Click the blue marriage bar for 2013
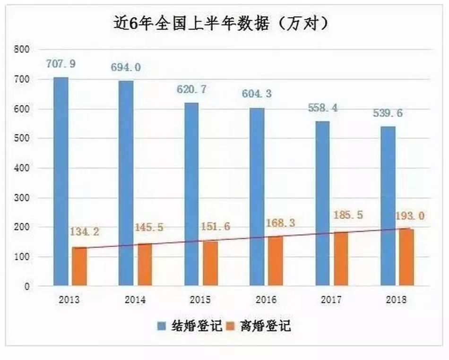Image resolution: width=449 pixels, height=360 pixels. (61, 181)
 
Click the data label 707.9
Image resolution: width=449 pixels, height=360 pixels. (61, 63)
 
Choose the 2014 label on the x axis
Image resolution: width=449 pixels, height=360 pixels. (136, 300)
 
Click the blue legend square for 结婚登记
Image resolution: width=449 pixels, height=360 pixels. (161, 326)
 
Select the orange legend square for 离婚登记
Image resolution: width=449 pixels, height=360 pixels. (232, 326)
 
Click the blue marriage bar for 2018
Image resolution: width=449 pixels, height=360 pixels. (388, 206)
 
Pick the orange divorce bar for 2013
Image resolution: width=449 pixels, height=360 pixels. (79, 266)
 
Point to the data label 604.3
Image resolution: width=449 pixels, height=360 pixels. (258, 94)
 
